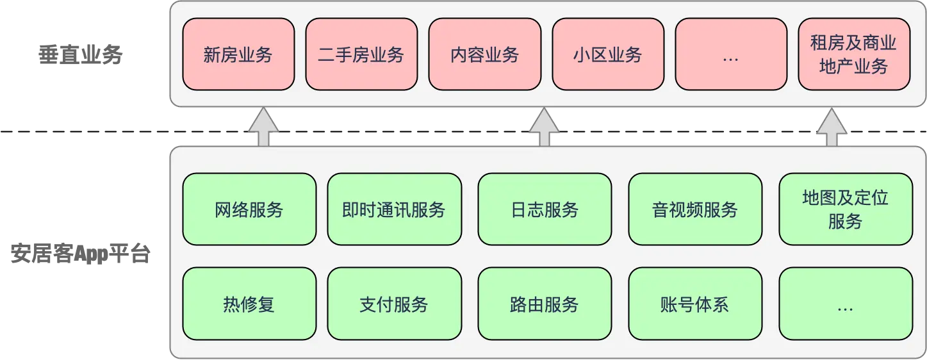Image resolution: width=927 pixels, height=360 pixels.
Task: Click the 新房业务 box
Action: pos(238,54)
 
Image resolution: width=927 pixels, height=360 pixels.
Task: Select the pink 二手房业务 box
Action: pos(361,54)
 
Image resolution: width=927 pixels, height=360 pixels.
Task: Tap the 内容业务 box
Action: pos(484,54)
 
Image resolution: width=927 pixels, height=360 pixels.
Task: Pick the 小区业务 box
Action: pos(608,54)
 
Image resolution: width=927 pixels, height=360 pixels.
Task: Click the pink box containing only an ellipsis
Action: pos(731,54)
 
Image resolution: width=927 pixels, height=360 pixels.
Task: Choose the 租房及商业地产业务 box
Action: pos(854,54)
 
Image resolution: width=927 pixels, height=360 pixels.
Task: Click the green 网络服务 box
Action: pos(249,209)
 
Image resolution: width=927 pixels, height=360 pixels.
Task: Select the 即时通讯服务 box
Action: pos(394,209)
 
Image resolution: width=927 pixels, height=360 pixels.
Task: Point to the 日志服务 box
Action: pos(545,209)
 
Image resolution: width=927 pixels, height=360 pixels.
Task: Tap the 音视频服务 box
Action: pos(695,209)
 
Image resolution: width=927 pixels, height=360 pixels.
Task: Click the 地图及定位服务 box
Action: pos(846,209)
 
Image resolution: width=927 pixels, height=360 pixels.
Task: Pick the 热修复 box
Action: pos(249,304)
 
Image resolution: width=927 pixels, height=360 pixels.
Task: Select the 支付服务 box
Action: pos(394,304)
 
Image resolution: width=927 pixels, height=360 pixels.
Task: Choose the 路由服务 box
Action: pos(545,304)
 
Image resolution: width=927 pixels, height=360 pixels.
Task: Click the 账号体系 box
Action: pos(695,304)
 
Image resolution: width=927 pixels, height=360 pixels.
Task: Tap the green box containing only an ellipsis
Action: pos(846,304)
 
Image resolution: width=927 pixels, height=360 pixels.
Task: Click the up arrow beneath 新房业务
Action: pos(263,128)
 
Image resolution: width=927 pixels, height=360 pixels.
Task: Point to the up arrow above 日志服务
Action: pos(545,128)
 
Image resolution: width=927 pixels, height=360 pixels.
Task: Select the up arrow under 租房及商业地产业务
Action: pos(832,128)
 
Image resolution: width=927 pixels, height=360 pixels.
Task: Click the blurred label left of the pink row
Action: pos(79,56)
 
